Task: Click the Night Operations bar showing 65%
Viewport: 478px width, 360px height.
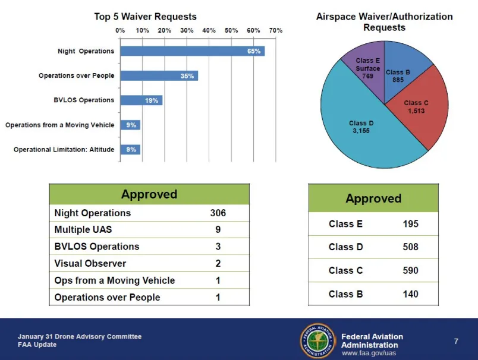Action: [x=193, y=51]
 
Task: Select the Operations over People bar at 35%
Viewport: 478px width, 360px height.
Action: [x=159, y=76]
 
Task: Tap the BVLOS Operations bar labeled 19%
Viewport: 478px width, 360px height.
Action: [x=141, y=100]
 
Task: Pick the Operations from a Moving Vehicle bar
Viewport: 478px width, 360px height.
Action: [x=130, y=125]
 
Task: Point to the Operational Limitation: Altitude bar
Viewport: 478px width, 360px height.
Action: [x=130, y=150]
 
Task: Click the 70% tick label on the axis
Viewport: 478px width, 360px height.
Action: [x=276, y=30]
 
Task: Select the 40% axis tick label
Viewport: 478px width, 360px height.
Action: [x=209, y=30]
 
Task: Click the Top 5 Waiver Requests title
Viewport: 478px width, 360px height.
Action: [x=146, y=17]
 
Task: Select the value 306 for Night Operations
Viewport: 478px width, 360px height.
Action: [x=218, y=213]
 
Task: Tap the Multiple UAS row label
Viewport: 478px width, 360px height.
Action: [x=83, y=229]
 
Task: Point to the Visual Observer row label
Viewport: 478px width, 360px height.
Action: [x=90, y=263]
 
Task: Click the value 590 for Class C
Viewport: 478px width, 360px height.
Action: [x=410, y=270]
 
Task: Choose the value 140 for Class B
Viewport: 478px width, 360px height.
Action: [x=410, y=294]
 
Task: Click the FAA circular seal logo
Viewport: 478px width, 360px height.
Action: [x=317, y=340]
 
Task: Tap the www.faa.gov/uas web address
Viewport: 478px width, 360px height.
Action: [x=369, y=353]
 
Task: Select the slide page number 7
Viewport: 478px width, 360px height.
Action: [x=456, y=341]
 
